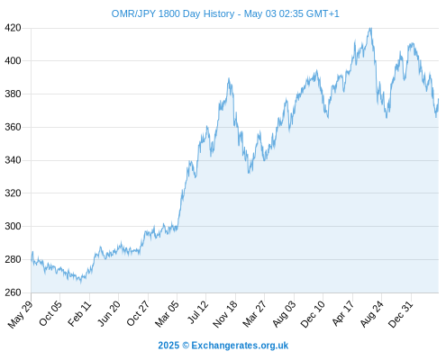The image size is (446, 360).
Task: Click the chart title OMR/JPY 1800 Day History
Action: pos(173,13)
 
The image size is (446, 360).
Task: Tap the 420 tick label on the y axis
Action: pos(13,28)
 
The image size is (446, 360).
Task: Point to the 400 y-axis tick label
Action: pos(13,61)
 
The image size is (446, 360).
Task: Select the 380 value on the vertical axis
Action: pos(13,94)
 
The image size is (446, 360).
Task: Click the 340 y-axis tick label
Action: pos(13,160)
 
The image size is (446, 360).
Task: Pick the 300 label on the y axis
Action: pos(13,226)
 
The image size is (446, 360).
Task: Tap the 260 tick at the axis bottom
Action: pos(13,292)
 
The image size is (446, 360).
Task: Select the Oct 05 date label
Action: pos(50,313)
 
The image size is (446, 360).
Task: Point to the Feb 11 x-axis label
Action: pos(78,313)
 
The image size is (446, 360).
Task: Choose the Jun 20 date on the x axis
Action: pos(108,313)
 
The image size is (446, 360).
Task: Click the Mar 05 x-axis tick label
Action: pos(167,313)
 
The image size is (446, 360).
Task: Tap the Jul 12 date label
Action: pos(197,312)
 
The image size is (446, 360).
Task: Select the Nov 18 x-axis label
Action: pos(224,314)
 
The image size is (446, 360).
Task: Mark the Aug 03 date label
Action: pos(284,313)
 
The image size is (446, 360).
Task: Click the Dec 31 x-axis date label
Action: pos(400,313)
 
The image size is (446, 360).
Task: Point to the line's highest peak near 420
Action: pos(371,28)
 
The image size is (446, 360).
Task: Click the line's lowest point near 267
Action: pos(80,282)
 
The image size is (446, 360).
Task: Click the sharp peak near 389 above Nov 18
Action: pos(229,78)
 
